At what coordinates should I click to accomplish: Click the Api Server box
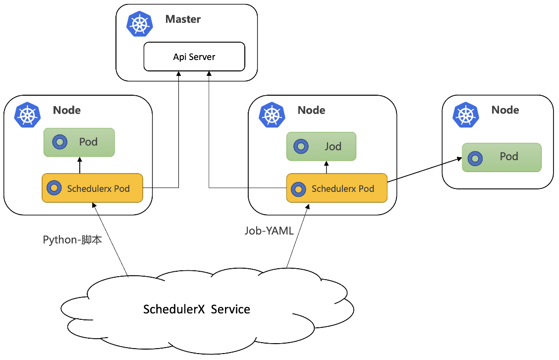click(194, 57)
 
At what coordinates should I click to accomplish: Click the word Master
click(183, 20)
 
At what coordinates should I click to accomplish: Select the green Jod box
click(321, 146)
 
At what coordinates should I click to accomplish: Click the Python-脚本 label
click(72, 240)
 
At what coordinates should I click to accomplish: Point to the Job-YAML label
click(269, 231)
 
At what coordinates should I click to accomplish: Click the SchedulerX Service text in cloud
click(197, 310)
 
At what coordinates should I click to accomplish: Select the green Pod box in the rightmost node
click(502, 157)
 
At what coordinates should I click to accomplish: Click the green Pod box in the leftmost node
click(79, 142)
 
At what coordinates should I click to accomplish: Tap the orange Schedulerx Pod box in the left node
click(92, 188)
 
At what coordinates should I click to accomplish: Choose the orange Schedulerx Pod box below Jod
click(337, 188)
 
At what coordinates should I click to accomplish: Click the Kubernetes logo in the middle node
click(271, 115)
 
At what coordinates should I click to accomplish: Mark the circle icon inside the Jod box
click(300, 147)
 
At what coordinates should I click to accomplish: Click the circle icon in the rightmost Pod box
click(475, 158)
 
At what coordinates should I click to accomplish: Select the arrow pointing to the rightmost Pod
click(424, 170)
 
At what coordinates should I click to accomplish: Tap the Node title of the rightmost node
click(505, 110)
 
